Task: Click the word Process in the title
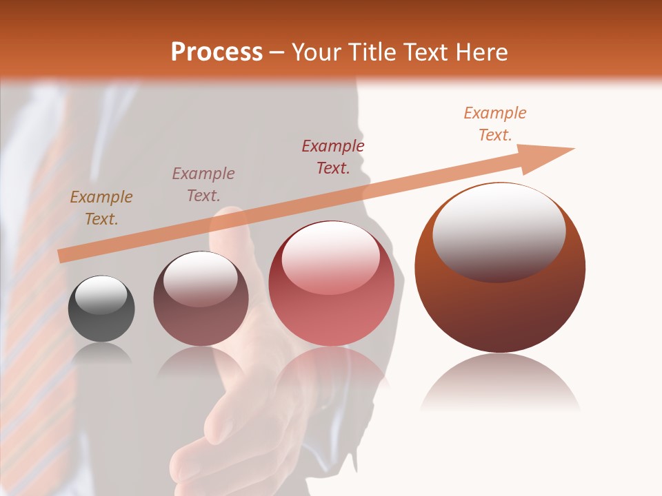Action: (x=217, y=52)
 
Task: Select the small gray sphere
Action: (x=101, y=310)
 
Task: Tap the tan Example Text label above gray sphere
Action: (x=101, y=208)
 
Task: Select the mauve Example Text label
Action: (x=203, y=185)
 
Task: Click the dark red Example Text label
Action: (x=332, y=156)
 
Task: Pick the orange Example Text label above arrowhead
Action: (x=494, y=124)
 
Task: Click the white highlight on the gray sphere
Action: (x=101, y=295)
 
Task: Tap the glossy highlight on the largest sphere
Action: (x=499, y=231)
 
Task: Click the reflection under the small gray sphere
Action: (x=101, y=354)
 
